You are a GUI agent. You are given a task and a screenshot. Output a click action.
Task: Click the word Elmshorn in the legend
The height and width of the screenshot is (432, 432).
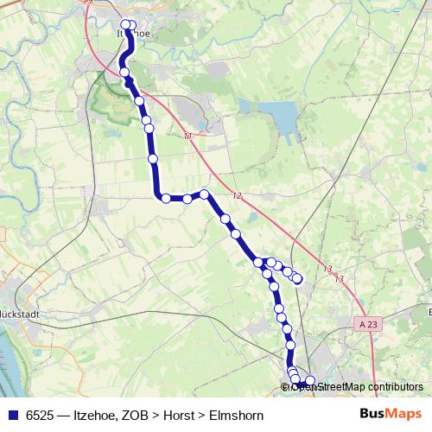(236, 415)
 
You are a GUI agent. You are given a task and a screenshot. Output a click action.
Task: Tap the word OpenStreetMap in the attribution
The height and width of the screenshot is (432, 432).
(329, 387)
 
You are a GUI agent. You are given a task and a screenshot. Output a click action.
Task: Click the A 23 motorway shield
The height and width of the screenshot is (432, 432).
(366, 323)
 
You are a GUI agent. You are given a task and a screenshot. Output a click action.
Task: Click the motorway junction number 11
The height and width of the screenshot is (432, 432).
(187, 137)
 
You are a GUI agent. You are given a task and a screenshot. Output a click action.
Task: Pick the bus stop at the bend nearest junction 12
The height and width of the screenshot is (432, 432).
(205, 194)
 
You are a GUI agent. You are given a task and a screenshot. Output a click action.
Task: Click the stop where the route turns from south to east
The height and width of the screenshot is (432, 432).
(165, 198)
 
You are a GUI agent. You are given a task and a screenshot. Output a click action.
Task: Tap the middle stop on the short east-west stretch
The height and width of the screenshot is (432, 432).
(187, 199)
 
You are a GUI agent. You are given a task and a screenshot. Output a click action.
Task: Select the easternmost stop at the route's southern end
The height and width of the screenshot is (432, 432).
(311, 381)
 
